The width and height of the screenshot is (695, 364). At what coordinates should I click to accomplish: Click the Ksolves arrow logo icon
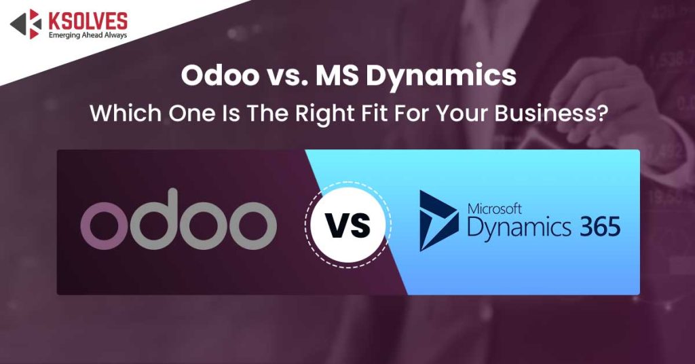pos(25,24)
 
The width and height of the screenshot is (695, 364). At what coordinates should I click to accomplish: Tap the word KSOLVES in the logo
pos(88,20)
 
